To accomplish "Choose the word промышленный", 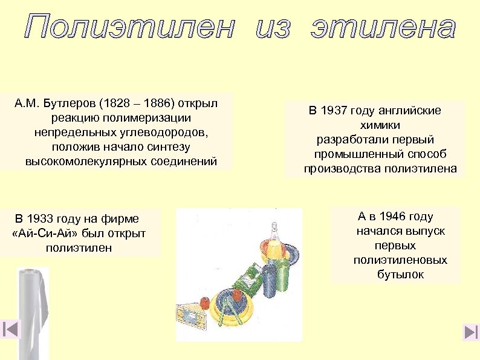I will click(356, 154).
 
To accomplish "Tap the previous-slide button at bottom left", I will click(10, 329).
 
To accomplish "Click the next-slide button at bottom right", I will click(470, 332).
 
